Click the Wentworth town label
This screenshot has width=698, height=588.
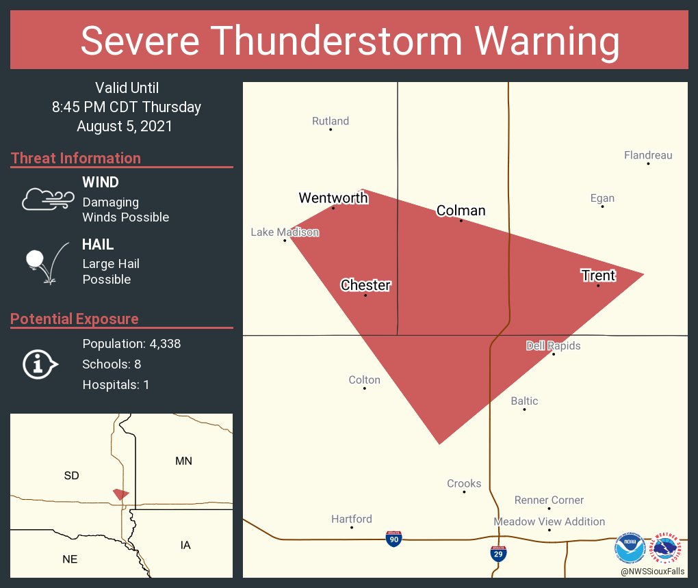(333, 198)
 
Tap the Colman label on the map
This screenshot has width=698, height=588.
(461, 211)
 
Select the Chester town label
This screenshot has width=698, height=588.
(365, 285)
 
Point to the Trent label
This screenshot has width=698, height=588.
(598, 276)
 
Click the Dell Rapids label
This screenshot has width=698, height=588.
(553, 346)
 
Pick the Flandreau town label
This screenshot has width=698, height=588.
(648, 155)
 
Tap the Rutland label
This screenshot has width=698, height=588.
(331, 121)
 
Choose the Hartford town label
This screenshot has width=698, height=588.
(352, 519)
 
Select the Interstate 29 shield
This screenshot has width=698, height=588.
(499, 553)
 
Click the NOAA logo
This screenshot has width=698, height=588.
(630, 548)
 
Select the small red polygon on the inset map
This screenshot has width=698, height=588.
(121, 494)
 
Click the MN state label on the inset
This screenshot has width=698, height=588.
(183, 461)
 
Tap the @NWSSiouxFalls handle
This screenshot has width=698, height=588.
(652, 571)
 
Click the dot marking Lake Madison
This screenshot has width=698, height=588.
(285, 240)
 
